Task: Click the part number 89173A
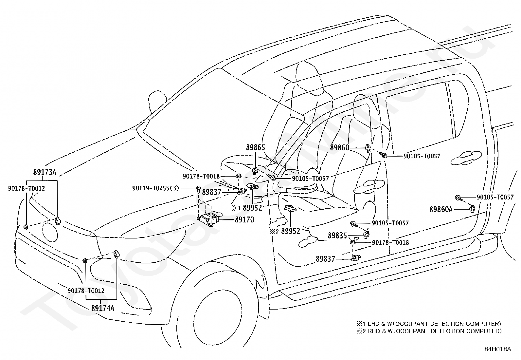(45, 172)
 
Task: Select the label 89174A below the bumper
(103, 308)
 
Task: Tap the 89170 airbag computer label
(244, 219)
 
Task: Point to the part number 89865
(256, 147)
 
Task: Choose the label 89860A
(441, 209)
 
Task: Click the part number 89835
(337, 236)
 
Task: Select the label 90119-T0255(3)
(155, 188)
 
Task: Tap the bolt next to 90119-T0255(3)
(198, 189)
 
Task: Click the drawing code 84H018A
(498, 349)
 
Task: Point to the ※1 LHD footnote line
(429, 324)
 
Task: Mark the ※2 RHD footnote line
(429, 331)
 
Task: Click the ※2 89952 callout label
(285, 231)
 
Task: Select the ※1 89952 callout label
(247, 208)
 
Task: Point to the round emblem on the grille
(50, 232)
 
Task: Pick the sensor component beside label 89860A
(472, 209)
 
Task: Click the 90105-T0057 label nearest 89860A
(495, 197)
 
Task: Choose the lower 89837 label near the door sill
(325, 259)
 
